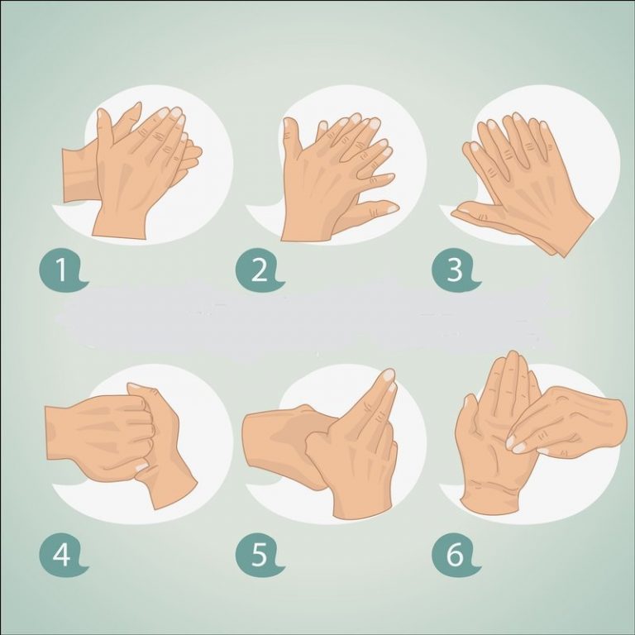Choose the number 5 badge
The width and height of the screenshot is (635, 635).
tap(258, 555)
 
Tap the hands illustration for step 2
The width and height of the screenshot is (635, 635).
tap(335, 174)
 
